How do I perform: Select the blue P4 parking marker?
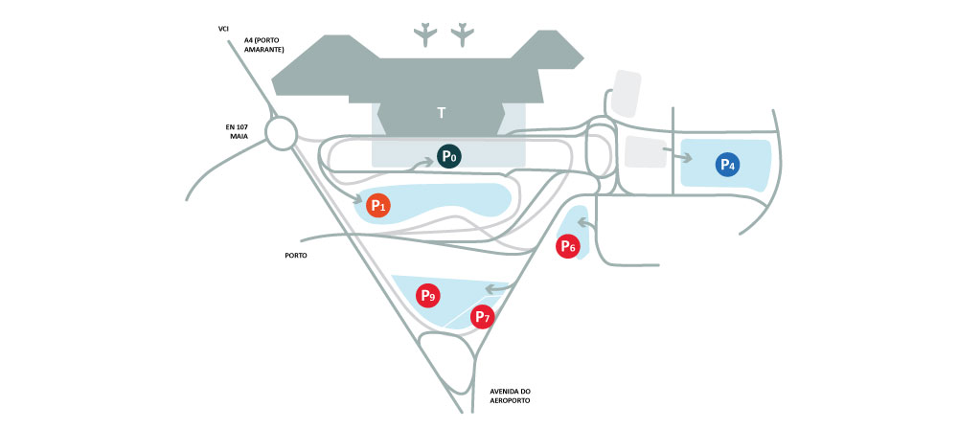[x=727, y=164]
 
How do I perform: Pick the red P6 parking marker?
[x=568, y=246]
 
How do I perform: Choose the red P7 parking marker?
[x=482, y=316]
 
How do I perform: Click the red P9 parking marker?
[x=427, y=296]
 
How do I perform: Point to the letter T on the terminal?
[x=442, y=113]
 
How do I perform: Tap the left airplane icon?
[x=424, y=34]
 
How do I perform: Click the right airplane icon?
[x=464, y=34]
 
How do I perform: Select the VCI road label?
[x=225, y=29]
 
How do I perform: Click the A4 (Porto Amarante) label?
[x=264, y=45]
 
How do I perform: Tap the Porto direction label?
[x=296, y=256]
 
